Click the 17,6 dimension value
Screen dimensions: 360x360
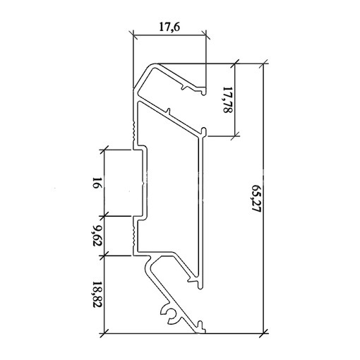pyautogui.click(x=169, y=27)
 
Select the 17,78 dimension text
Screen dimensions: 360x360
pyautogui.click(x=227, y=100)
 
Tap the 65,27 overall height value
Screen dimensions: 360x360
pyautogui.click(x=256, y=198)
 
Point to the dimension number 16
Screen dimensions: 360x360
pyautogui.click(x=97, y=183)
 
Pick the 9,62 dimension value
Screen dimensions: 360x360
pyautogui.click(x=97, y=236)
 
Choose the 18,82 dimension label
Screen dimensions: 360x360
pyautogui.click(x=97, y=294)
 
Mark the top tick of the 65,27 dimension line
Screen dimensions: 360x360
pyautogui.click(x=263, y=64)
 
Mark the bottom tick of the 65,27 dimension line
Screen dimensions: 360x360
pyautogui.click(x=263, y=333)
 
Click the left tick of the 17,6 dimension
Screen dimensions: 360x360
pyautogui.click(x=133, y=35)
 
